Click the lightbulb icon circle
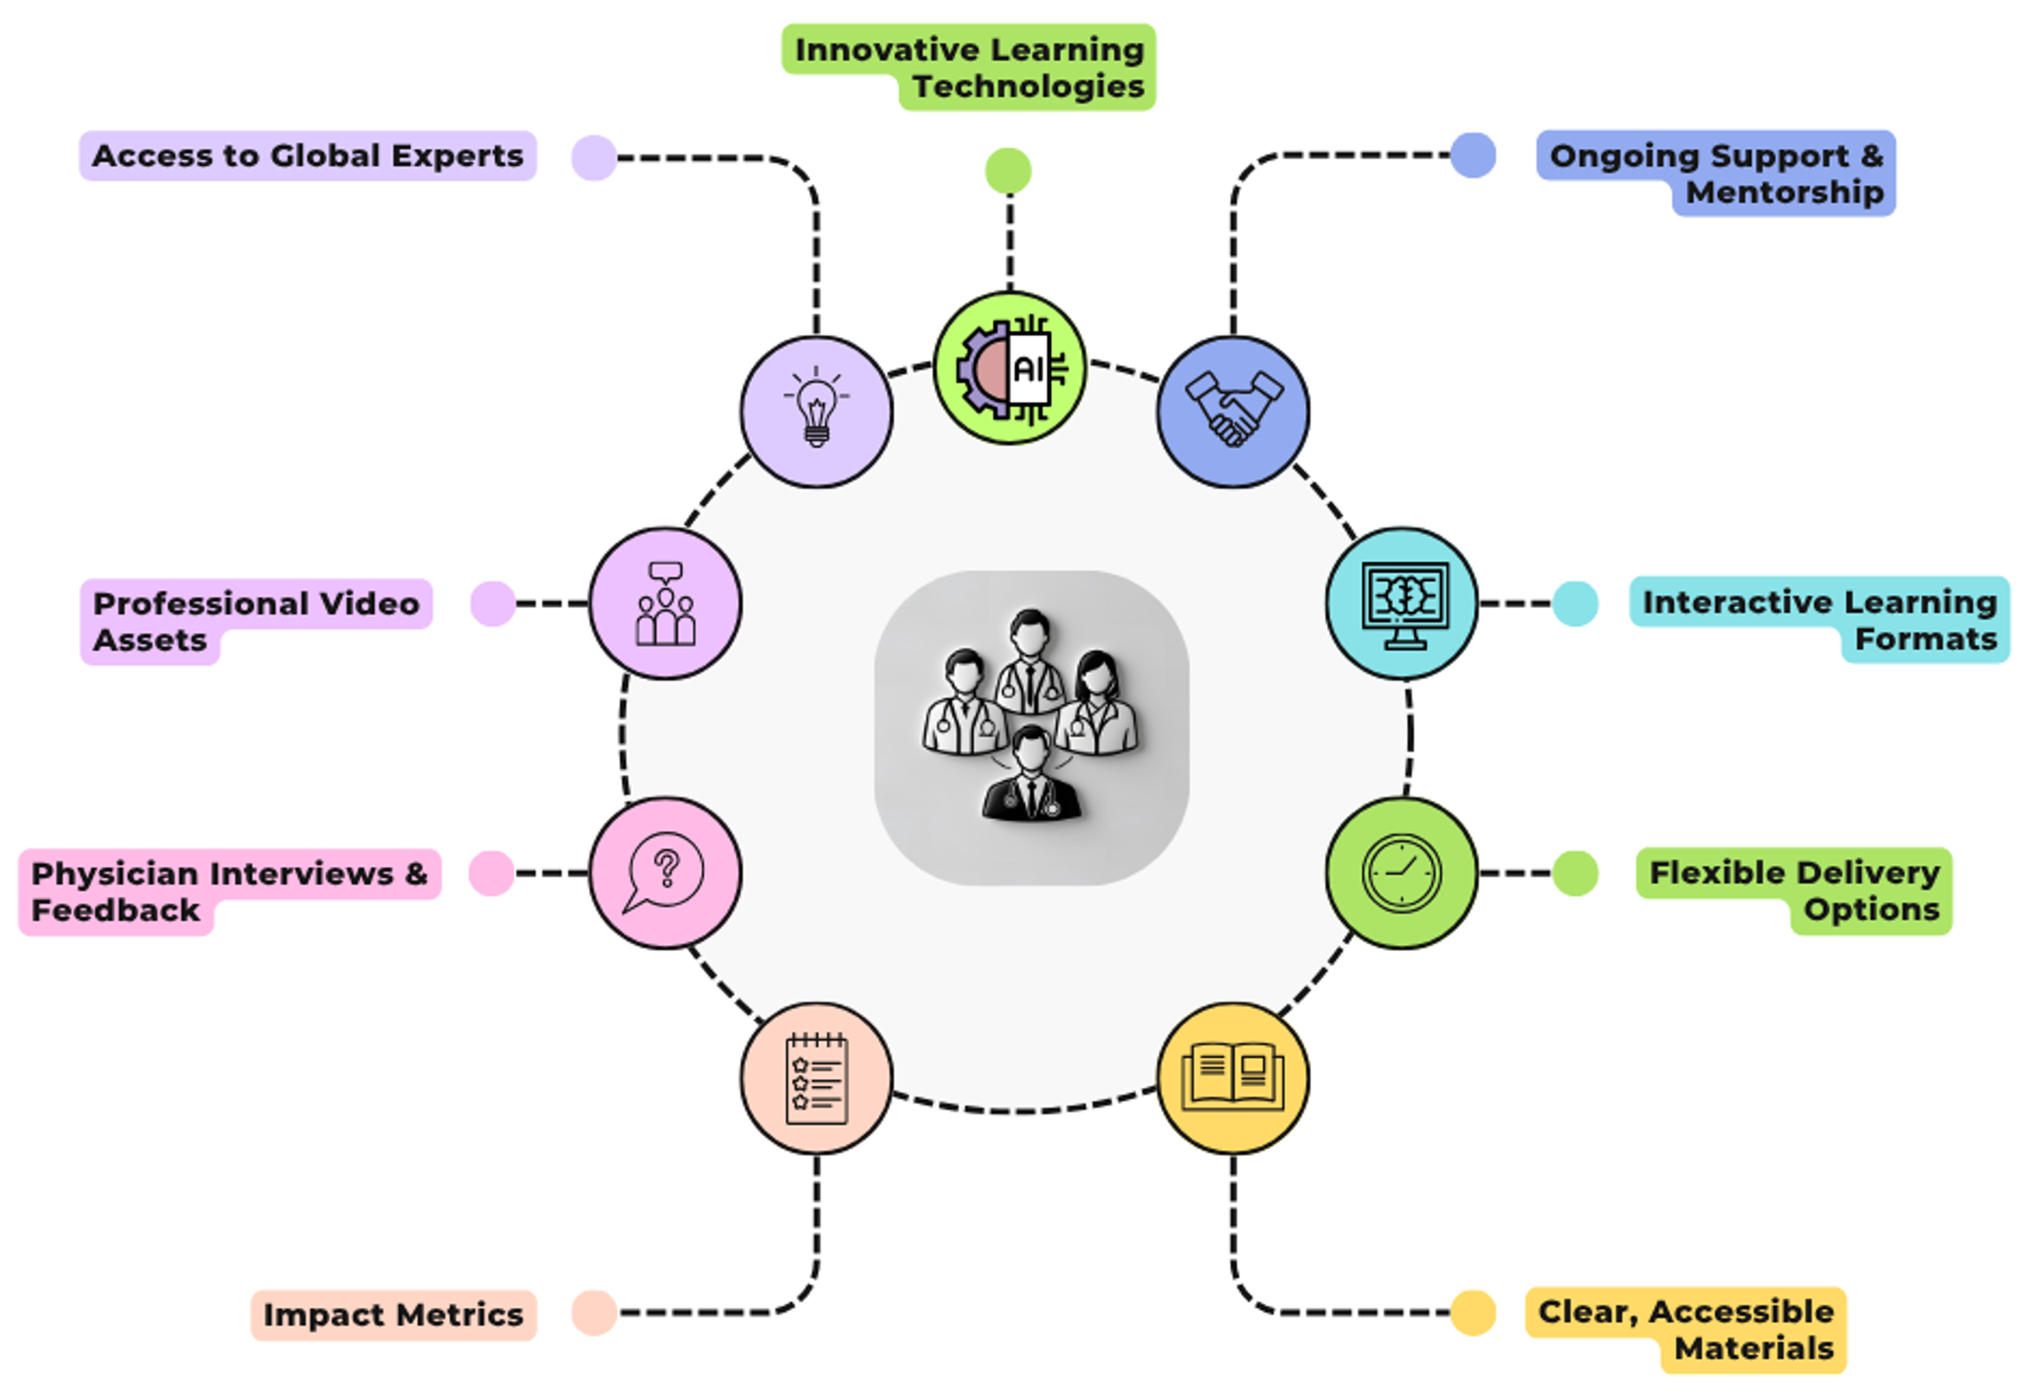(816, 411)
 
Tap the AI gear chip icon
(1010, 368)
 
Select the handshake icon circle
(1233, 411)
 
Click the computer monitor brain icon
(1402, 604)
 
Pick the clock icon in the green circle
(1402, 873)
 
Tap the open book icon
(1233, 1078)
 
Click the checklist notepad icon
(816, 1078)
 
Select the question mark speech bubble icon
(666, 873)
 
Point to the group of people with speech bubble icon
(666, 604)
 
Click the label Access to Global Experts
(308, 156)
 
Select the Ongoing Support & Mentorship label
(1716, 173)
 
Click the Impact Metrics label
(393, 1315)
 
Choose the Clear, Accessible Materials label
(1687, 1330)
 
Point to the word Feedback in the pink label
(116, 910)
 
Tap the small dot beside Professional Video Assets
(492, 604)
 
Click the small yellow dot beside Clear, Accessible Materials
(1473, 1313)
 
